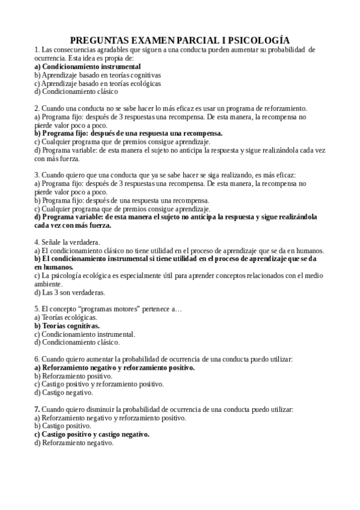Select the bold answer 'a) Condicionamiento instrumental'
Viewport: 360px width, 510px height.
click(x=87, y=67)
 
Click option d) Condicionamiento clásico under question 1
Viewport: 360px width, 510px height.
click(x=76, y=92)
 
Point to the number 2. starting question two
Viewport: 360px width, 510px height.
click(x=37, y=108)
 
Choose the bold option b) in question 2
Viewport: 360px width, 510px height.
click(x=128, y=134)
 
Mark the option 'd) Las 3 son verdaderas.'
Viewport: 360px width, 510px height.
click(x=69, y=292)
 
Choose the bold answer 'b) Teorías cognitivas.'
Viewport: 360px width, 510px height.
click(x=67, y=325)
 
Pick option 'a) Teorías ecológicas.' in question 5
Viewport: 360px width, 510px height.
click(x=66, y=317)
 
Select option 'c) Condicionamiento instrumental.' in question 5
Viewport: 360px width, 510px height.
click(x=85, y=334)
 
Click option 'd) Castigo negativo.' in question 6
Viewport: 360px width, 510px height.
click(x=64, y=392)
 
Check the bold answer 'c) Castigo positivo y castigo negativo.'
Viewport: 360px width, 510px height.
click(x=91, y=434)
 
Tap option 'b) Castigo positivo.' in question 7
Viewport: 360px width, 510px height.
click(x=63, y=426)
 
